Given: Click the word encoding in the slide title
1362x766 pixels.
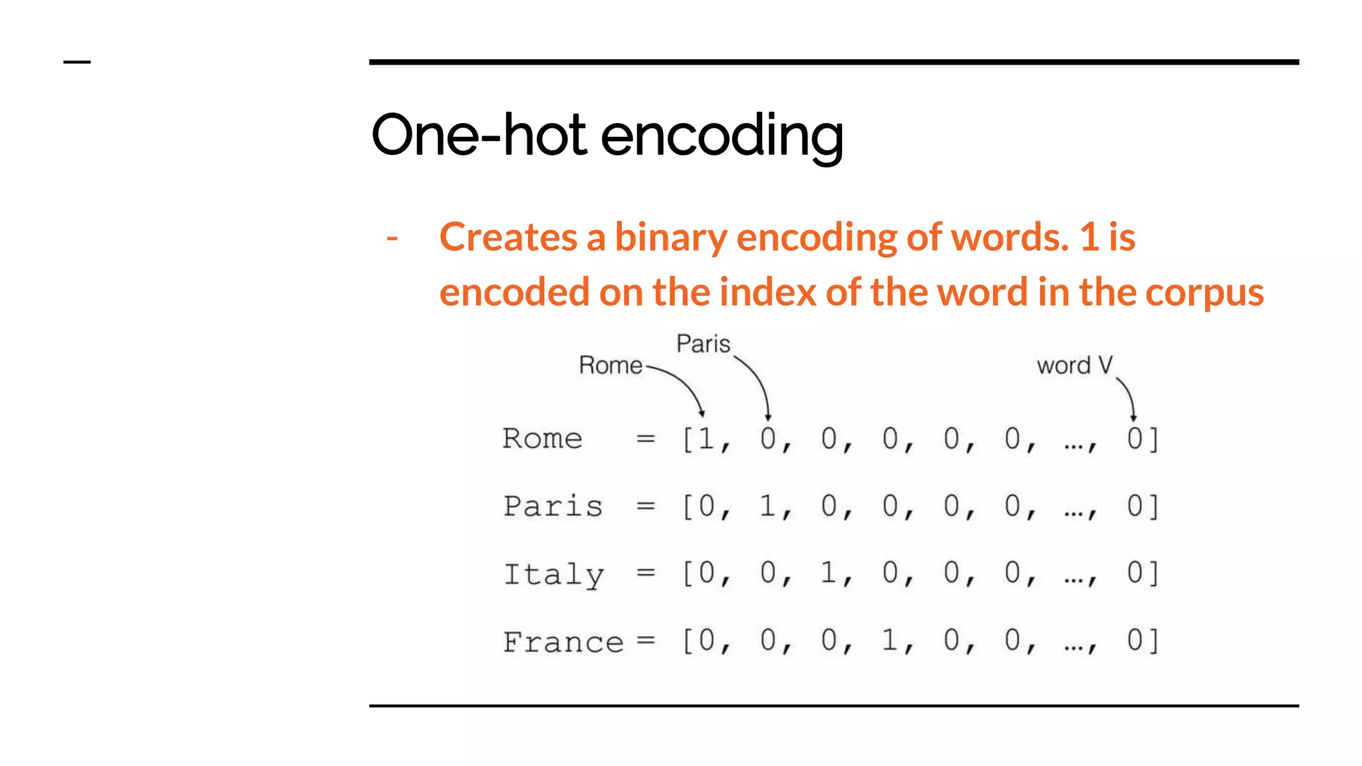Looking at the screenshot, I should (722, 136).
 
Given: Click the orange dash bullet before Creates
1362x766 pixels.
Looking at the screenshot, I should (392, 237).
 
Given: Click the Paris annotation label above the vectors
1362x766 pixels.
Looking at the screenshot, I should (703, 344).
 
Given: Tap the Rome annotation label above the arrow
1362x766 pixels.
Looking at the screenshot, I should (611, 365).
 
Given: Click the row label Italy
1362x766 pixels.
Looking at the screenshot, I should (553, 574).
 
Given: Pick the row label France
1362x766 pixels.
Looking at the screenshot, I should (563, 642).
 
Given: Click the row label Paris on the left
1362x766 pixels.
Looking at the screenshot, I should (553, 506).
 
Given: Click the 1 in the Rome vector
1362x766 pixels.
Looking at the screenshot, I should (706, 439).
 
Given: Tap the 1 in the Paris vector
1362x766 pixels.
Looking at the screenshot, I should (767, 506).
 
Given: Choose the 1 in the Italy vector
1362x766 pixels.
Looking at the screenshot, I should (829, 573).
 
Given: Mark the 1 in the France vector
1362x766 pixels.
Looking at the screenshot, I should (890, 640).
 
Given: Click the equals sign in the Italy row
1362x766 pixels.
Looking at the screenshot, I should (646, 573).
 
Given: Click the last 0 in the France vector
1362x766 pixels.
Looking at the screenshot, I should (1135, 640).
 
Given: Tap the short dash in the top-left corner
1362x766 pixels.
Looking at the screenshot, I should (77, 63).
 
